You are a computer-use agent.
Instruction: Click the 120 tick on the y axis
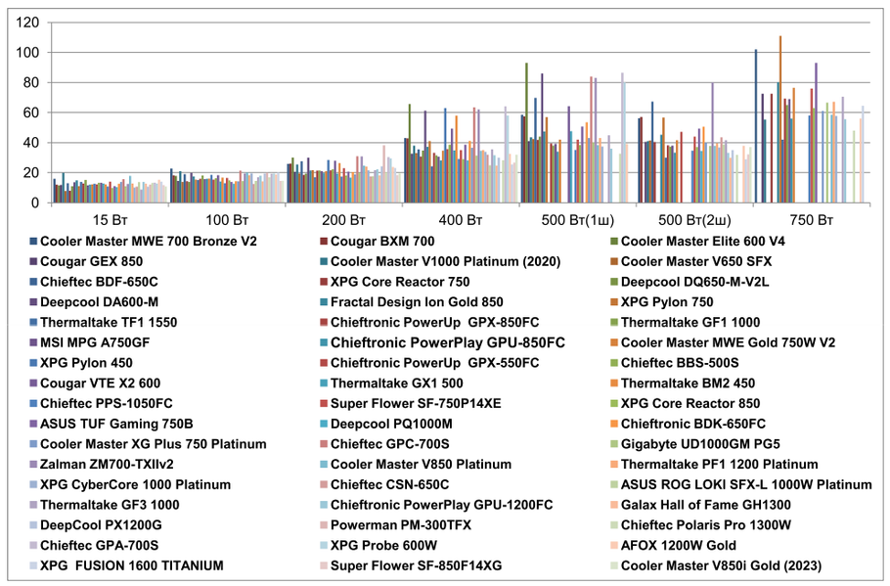(27, 22)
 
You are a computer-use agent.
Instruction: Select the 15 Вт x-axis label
(108, 219)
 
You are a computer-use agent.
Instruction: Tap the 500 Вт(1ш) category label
(577, 219)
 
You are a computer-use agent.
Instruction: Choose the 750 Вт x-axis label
(813, 219)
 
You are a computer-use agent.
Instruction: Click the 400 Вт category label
(461, 219)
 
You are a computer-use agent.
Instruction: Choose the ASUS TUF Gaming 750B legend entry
(115, 424)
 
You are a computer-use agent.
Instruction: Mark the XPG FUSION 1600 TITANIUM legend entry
(132, 565)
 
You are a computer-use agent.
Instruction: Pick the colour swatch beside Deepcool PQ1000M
(322, 424)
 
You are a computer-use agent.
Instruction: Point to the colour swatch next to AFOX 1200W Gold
(612, 546)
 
